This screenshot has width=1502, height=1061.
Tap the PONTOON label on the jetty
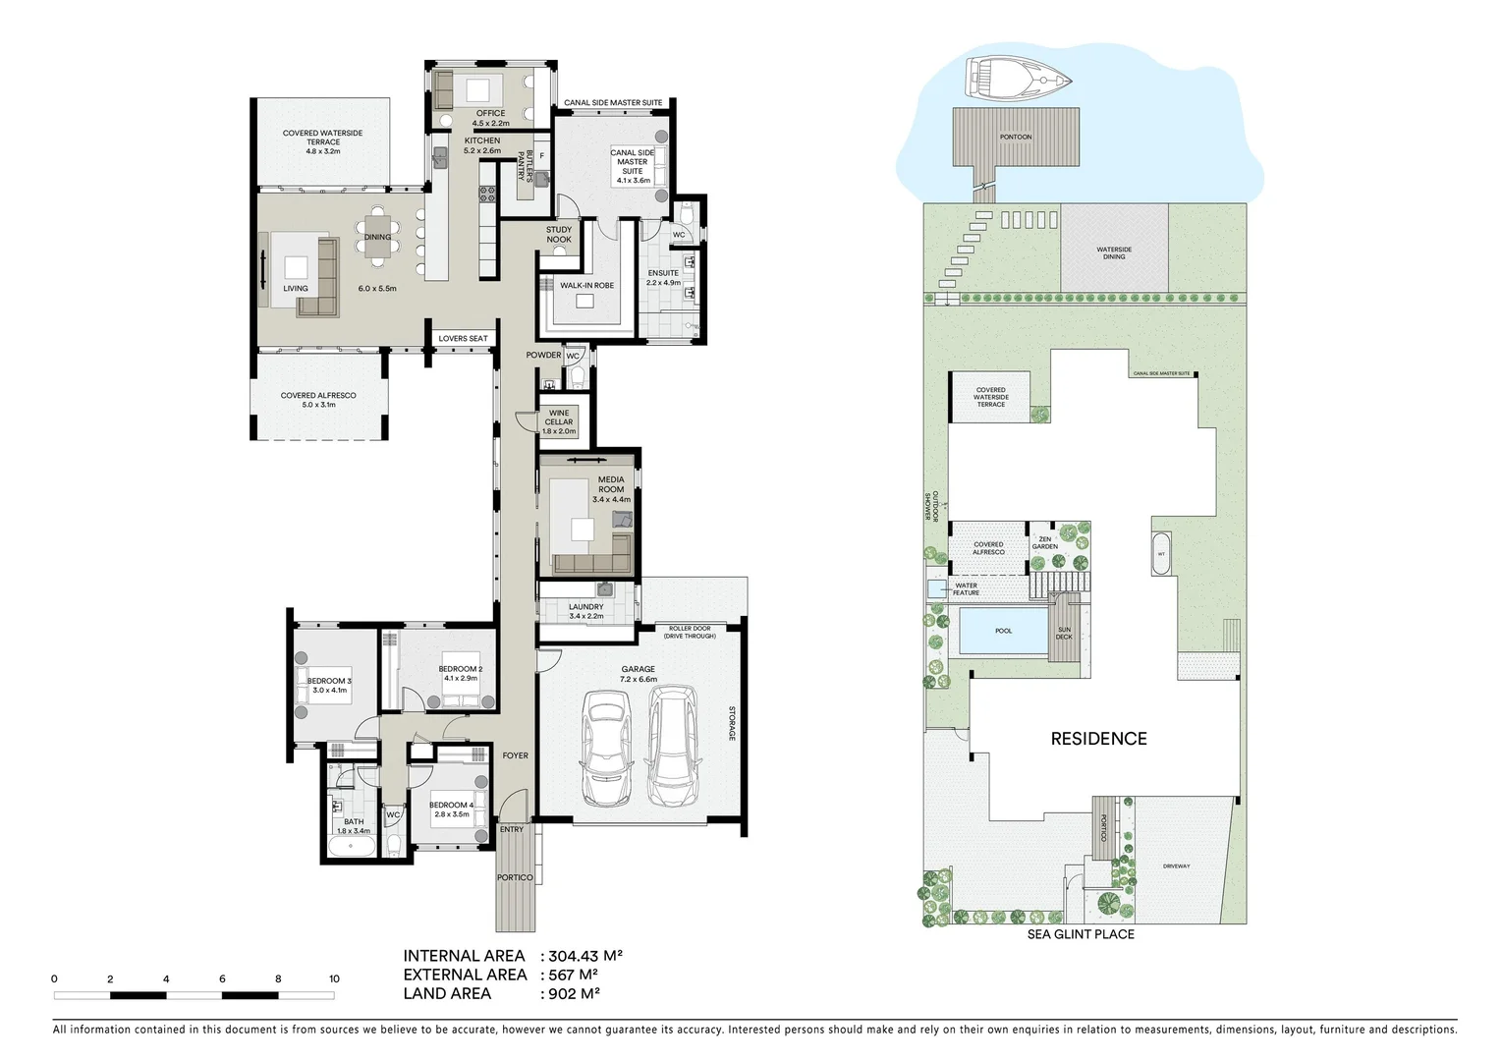[1016, 138]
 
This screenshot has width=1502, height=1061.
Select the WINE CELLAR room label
[559, 422]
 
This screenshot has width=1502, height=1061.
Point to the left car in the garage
[606, 746]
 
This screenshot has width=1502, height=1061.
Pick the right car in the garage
[673, 744]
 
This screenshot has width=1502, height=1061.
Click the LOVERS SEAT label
[463, 339]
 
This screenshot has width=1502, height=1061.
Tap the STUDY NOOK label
[559, 235]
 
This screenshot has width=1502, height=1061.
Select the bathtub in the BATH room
[350, 846]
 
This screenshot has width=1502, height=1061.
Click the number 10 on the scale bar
[334, 978]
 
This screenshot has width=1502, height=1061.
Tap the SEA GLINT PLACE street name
[1081, 934]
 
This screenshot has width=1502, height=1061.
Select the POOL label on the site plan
[1003, 631]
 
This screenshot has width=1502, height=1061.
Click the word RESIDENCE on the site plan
[1098, 739]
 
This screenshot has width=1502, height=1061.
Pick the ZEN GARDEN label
[1044, 543]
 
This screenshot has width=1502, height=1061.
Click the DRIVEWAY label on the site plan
[1176, 866]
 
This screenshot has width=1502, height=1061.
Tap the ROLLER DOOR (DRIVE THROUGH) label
[690, 632]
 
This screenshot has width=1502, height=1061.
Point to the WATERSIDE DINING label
[1114, 253]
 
